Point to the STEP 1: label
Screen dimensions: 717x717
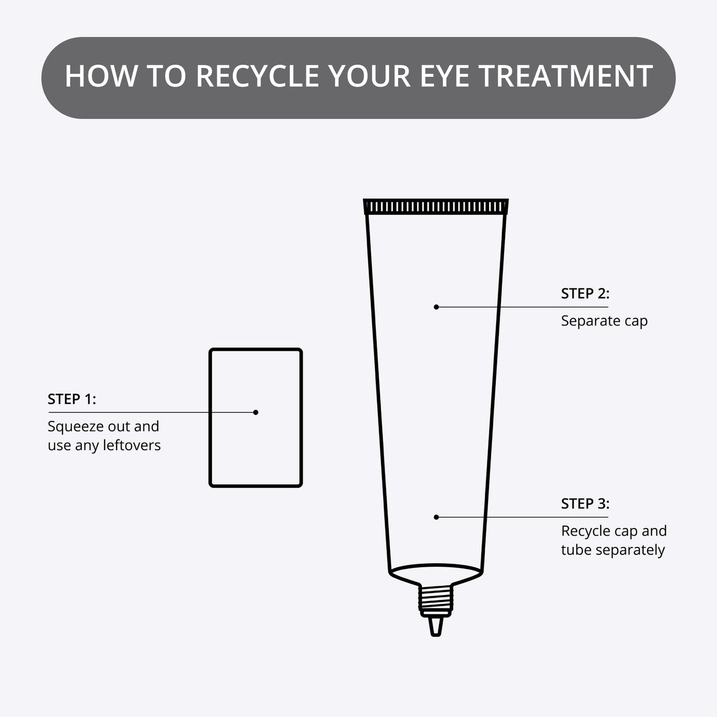[x=72, y=399]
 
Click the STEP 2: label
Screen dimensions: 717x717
[x=585, y=293]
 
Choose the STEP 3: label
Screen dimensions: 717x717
[x=585, y=504]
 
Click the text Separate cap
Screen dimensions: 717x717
[x=604, y=321]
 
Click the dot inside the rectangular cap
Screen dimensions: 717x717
[x=256, y=412]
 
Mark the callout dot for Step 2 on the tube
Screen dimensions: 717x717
[x=436, y=307]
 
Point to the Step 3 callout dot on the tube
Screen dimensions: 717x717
[x=436, y=517]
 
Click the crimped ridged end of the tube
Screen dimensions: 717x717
[x=436, y=206]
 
